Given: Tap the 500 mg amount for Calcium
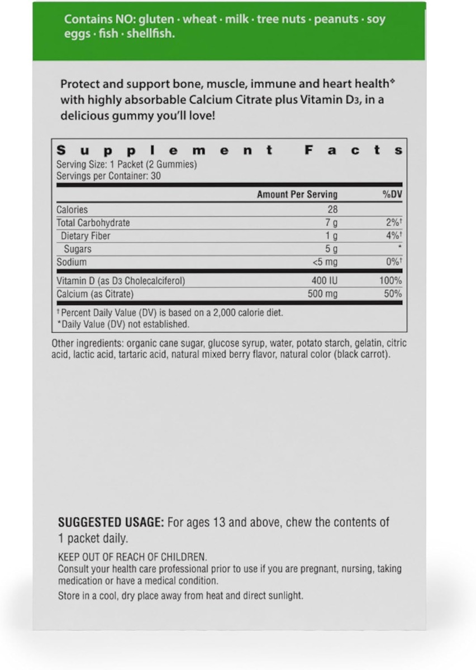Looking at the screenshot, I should coord(322,294).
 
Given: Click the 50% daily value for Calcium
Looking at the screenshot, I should coord(393,294).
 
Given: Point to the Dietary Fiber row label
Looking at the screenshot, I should coord(85,236).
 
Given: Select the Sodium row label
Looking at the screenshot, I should coord(72,262).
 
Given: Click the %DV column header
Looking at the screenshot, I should coord(392,194).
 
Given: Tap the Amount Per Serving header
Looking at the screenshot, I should coord(297,194).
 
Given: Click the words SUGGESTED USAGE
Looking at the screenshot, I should coord(111,523).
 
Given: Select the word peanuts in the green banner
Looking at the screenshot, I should coord(336,20).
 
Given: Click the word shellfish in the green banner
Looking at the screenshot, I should coord(148,34).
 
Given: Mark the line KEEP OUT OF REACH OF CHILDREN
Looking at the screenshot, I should coord(132,557).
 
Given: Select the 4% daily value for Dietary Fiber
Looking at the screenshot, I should coord(393,236).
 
